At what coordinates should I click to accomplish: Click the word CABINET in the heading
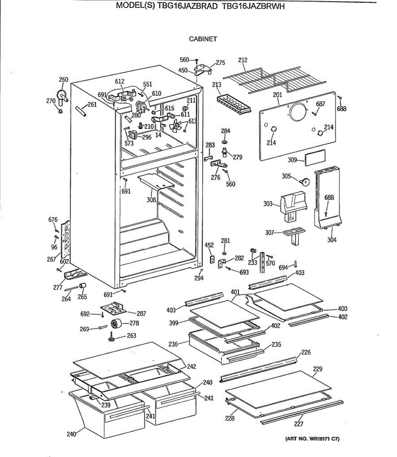coord(203,39)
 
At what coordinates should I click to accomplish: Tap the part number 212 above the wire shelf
coord(243,60)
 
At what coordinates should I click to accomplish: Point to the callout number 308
coord(151,199)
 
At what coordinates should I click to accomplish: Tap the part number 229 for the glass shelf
coord(317,369)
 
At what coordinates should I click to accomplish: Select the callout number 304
coord(332,240)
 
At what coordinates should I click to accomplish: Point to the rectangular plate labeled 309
coord(315,157)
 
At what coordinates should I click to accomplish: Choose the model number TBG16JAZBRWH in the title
coord(253,17)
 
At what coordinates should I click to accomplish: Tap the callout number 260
coord(64,80)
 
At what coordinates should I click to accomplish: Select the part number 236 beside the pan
coord(173,344)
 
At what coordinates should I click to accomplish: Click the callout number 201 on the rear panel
coord(277,95)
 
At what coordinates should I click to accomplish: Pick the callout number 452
coord(209,245)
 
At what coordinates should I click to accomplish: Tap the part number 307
coord(270,232)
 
